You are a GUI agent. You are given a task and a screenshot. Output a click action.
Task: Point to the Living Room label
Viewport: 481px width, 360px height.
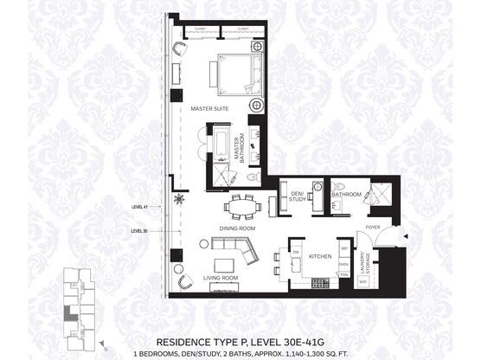219,278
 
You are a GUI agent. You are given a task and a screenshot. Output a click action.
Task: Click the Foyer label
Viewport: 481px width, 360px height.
372,228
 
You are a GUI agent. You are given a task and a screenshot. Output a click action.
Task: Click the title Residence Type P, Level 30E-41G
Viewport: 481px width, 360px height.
240,342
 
